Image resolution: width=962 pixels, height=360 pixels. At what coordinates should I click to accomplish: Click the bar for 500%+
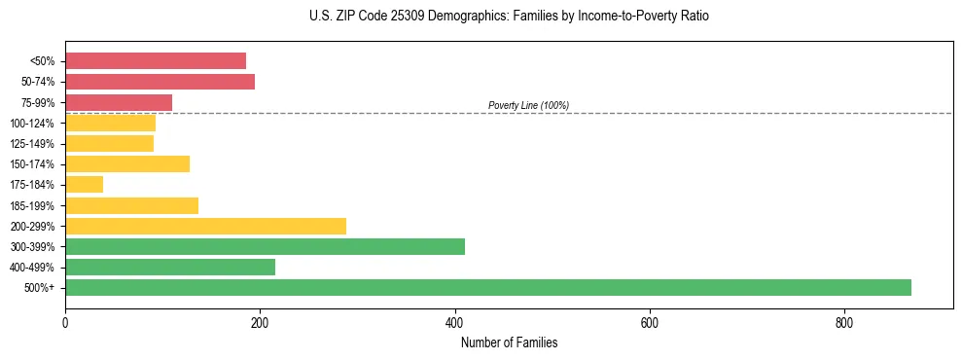pos(487,288)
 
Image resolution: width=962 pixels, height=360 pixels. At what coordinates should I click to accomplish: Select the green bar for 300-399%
pos(265,246)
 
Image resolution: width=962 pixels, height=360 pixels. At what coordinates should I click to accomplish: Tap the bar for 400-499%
pos(170,268)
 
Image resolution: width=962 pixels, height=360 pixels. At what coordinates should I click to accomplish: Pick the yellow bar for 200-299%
pos(205,226)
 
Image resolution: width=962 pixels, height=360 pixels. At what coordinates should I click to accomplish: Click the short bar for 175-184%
pos(84,185)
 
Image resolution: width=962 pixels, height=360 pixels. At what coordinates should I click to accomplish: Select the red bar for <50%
pos(156,60)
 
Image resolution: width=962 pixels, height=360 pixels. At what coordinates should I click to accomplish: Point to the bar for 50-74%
pos(160,82)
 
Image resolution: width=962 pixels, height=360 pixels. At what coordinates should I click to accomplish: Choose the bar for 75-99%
pos(119,102)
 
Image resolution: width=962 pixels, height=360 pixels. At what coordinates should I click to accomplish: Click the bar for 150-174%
pos(127,164)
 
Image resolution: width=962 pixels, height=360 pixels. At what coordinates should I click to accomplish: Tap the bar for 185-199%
pos(131,205)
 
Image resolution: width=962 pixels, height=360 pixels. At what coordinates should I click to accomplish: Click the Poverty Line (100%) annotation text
pos(528,105)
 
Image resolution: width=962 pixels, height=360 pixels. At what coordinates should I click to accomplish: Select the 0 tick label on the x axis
pos(65,323)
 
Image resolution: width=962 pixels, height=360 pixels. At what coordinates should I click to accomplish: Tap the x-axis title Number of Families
pos(509,343)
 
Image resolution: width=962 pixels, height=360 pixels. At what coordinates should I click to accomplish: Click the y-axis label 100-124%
pos(32,124)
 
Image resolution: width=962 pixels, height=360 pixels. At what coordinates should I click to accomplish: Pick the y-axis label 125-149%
pos(32,144)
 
